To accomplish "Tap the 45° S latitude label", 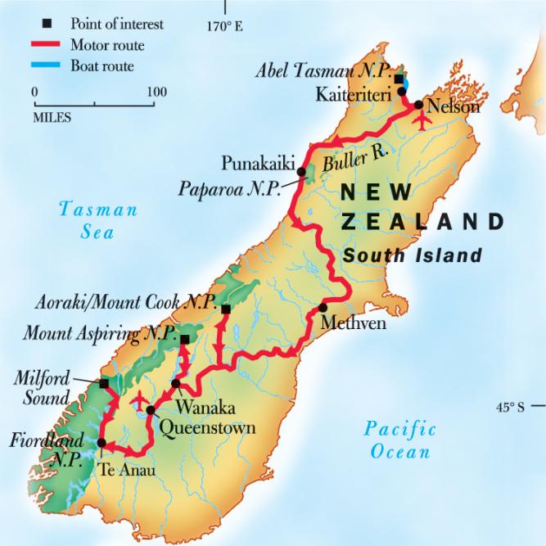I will (517, 406).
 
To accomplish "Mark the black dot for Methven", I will (323, 308).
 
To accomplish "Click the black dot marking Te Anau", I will (101, 443).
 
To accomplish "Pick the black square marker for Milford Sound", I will (104, 383).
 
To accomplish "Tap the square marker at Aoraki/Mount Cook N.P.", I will (226, 309).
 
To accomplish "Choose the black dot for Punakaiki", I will (301, 172).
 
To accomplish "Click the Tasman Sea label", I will (98, 221).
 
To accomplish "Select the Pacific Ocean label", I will (400, 440).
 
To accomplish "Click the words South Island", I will (412, 256).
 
